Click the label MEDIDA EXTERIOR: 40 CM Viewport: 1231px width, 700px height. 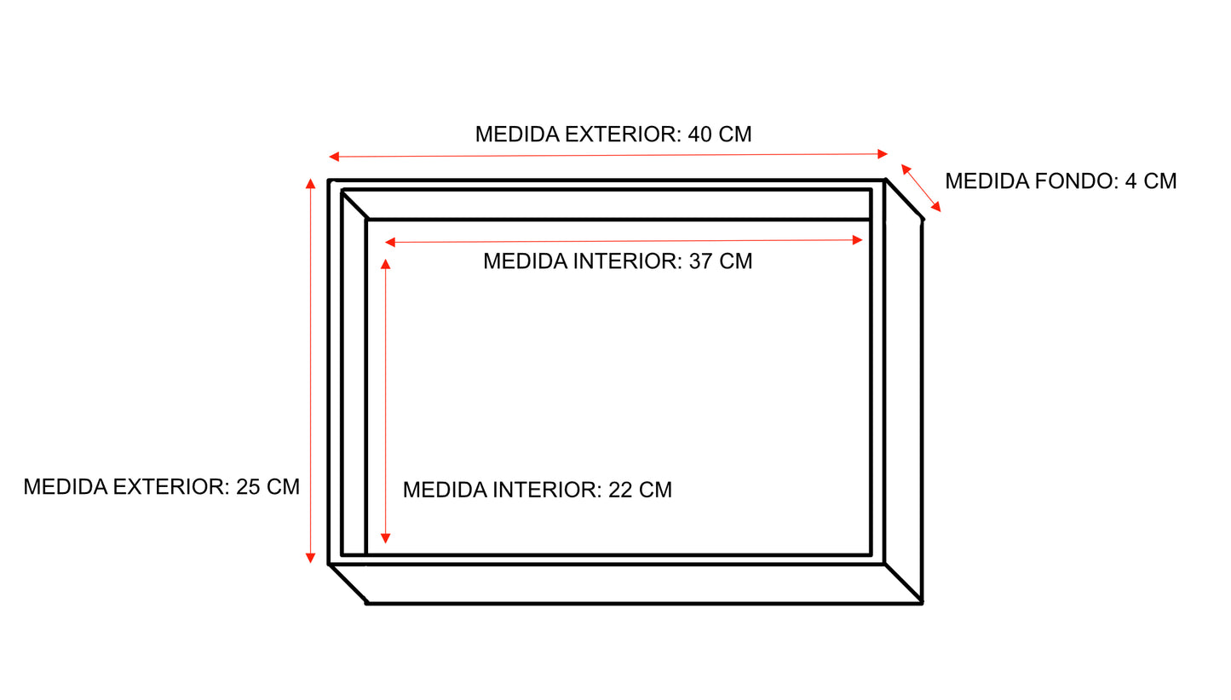tap(613, 134)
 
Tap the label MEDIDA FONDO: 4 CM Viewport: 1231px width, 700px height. tap(1061, 181)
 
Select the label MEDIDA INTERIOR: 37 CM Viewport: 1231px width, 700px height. tap(618, 261)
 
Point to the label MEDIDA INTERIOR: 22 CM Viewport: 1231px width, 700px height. tap(538, 490)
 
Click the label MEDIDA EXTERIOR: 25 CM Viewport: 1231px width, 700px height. tap(162, 487)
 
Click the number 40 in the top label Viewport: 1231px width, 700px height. tap(700, 134)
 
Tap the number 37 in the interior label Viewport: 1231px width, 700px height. tap(700, 261)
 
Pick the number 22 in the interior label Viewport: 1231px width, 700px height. tap(620, 490)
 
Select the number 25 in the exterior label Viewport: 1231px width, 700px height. tap(248, 487)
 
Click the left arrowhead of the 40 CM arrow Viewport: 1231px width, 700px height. tap(334, 158)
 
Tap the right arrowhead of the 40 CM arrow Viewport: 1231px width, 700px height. tap(883, 154)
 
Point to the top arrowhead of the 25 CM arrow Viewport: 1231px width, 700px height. tap(310, 184)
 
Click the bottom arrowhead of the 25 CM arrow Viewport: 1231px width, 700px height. tap(310, 558)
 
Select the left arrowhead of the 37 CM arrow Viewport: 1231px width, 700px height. tap(390, 243)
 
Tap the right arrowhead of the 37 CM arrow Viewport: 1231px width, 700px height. tap(857, 240)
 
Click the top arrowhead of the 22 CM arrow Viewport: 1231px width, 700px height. tap(386, 264)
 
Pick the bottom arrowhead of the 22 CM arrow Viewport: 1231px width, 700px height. tap(386, 538)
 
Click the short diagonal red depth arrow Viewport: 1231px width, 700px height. tap(921, 188)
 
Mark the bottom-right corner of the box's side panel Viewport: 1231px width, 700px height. tap(922, 603)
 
